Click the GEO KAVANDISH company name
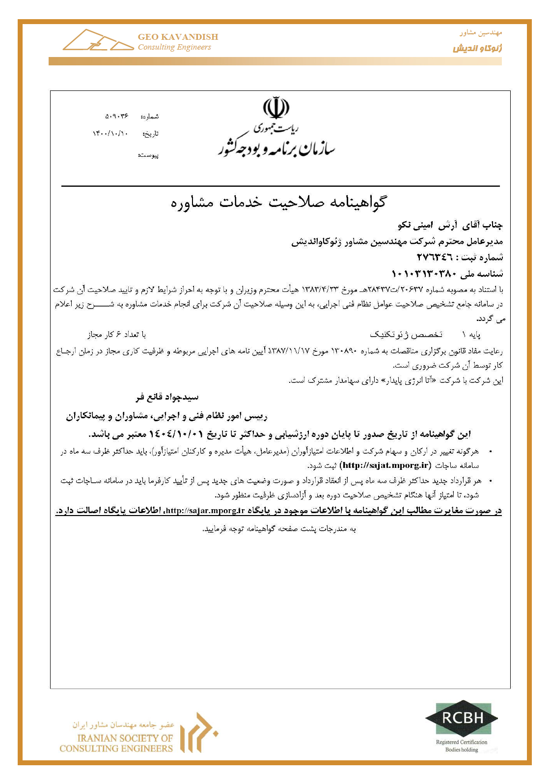pyautogui.click(x=178, y=37)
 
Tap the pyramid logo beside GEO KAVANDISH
pyautogui.click(x=97, y=41)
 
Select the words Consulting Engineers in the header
pyautogui.click(x=174, y=47)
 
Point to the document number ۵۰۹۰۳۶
pyautogui.click(x=117, y=116)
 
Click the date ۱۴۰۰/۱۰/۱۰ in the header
pyautogui.click(x=110, y=133)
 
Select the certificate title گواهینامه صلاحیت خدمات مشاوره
pyautogui.click(x=278, y=202)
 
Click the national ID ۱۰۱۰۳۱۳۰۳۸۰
pyautogui.click(x=426, y=273)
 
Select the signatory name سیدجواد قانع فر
pyautogui.click(x=167, y=397)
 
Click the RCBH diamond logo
pyautogui.click(x=462, y=718)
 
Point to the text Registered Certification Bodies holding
pyautogui.click(x=462, y=746)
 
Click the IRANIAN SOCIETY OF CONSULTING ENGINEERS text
pyautogui.click(x=116, y=743)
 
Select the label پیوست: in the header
pyautogui.click(x=148, y=155)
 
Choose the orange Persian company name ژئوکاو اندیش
pyautogui.click(x=477, y=48)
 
